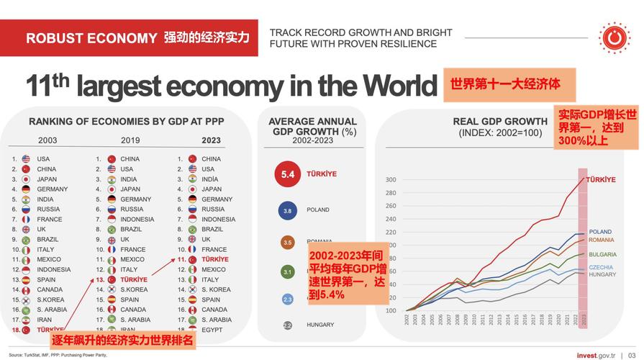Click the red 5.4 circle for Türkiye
tap(287, 174)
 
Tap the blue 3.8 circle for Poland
tap(287, 210)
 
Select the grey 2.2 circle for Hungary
tap(287, 325)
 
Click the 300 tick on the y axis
tap(391, 180)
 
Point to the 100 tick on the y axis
tap(391, 310)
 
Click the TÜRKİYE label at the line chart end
tap(600, 180)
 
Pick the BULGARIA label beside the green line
tap(602, 254)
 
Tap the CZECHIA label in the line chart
tap(600, 267)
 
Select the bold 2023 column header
tap(212, 140)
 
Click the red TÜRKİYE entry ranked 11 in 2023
tap(214, 259)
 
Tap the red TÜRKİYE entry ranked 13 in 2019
tap(134, 279)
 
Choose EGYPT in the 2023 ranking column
tap(213, 329)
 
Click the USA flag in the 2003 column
tap(26, 159)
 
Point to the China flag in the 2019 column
tap(112, 159)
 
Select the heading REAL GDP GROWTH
tap(500, 122)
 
